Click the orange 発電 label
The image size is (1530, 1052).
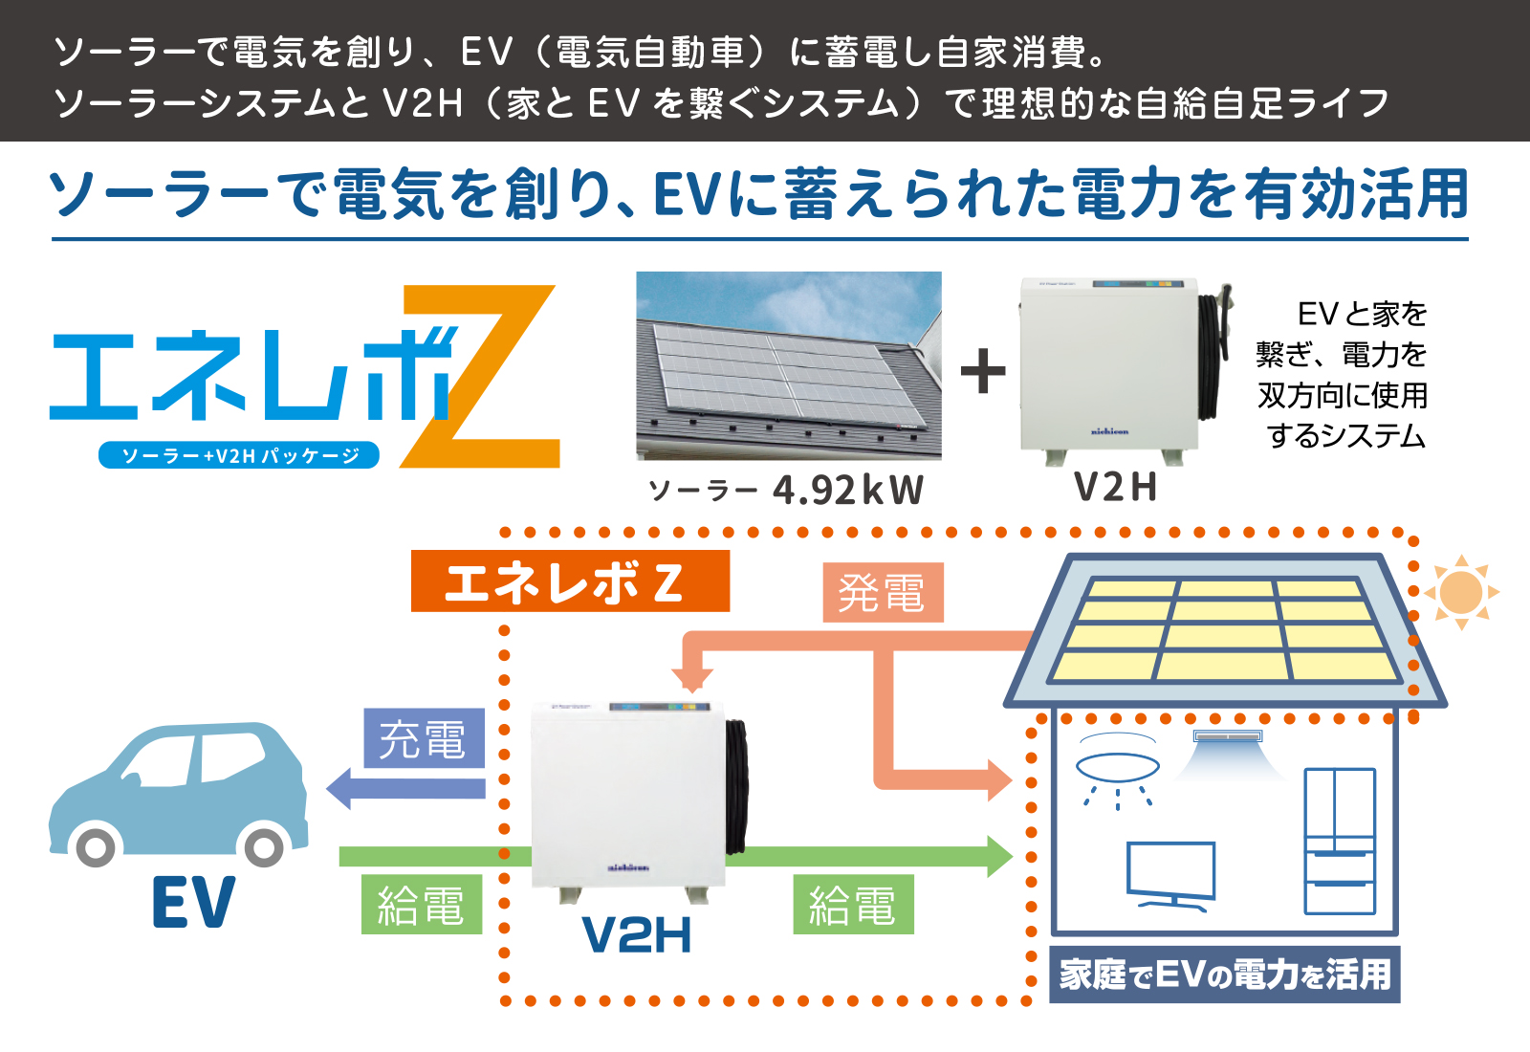click(883, 592)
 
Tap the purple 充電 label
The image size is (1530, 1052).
click(424, 738)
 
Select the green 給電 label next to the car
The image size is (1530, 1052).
click(422, 905)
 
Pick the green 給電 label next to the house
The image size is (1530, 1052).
click(853, 905)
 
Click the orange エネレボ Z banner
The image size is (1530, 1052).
click(570, 581)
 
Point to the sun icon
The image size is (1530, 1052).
click(1461, 592)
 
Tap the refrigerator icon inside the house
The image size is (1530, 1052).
click(1340, 841)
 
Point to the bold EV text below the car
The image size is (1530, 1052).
click(194, 903)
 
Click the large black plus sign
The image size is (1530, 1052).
click(983, 371)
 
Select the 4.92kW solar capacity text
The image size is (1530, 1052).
click(848, 490)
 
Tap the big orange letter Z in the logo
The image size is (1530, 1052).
click(480, 377)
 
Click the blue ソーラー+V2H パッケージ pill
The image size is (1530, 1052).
click(239, 455)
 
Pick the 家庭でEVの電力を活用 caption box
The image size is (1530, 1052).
click(1225, 975)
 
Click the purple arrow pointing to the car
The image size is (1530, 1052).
click(405, 788)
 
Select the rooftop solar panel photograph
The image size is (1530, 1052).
click(789, 365)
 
